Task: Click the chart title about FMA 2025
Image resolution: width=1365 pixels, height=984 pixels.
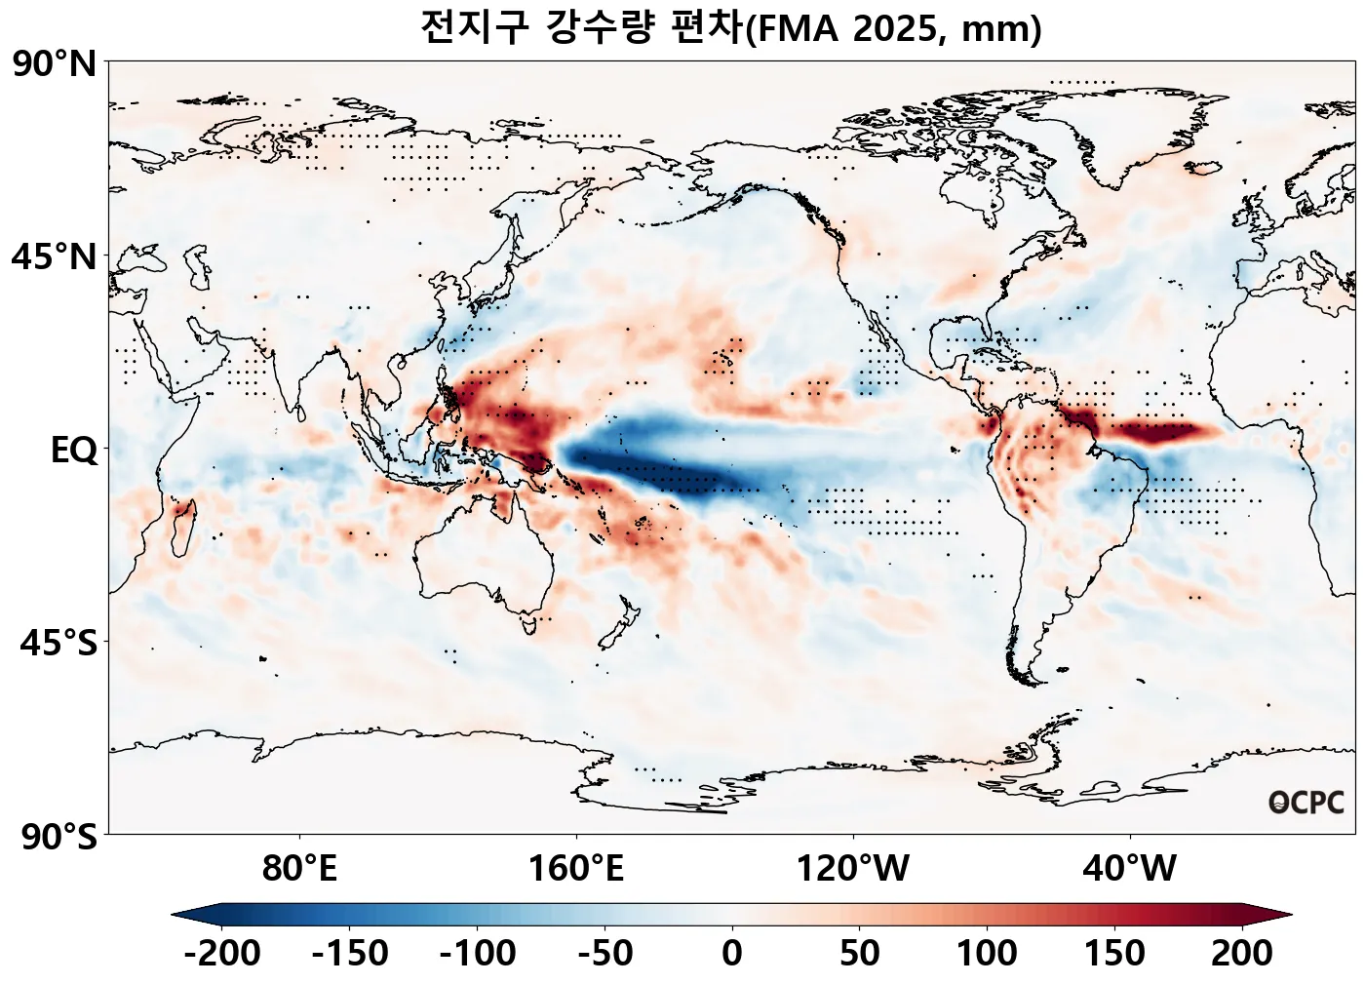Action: coord(731,27)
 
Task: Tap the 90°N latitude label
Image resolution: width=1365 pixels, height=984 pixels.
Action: coord(55,64)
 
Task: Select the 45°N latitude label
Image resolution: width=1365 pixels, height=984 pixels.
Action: coord(55,257)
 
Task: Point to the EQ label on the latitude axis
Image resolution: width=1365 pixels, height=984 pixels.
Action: coord(74,451)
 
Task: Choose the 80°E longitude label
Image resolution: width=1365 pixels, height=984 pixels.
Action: coord(299,867)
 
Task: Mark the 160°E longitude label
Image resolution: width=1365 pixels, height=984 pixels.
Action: coord(576,867)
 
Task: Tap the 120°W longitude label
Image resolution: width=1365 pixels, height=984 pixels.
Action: coord(853,867)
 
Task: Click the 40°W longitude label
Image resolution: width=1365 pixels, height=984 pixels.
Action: coord(1130,867)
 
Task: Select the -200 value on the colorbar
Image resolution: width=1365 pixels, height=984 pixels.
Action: coord(222,953)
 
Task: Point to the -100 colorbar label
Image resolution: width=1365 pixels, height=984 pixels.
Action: coord(478,953)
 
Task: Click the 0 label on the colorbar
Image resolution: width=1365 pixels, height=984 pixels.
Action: coord(732,953)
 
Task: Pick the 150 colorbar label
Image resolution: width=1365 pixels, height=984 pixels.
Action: coord(1114,953)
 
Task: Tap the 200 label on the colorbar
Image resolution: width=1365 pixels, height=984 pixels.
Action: coord(1242,953)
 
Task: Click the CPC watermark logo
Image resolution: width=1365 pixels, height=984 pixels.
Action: coord(1306,803)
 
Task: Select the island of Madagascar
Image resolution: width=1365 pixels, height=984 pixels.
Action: coord(182,526)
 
